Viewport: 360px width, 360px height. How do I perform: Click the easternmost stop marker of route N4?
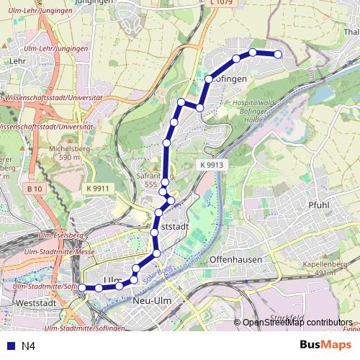[x=279, y=55]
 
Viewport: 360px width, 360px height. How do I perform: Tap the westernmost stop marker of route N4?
[x=82, y=288]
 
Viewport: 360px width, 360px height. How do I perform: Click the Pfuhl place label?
[x=318, y=205]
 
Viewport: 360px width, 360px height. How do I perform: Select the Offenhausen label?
[x=235, y=258]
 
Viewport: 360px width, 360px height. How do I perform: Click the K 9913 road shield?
[x=210, y=165]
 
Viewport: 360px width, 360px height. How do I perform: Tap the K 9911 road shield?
[x=96, y=189]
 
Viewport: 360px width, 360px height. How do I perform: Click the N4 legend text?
[x=29, y=346]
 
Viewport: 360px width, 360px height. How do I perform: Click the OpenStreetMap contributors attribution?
[x=297, y=323]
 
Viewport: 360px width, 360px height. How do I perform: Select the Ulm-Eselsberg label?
[x=60, y=235]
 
